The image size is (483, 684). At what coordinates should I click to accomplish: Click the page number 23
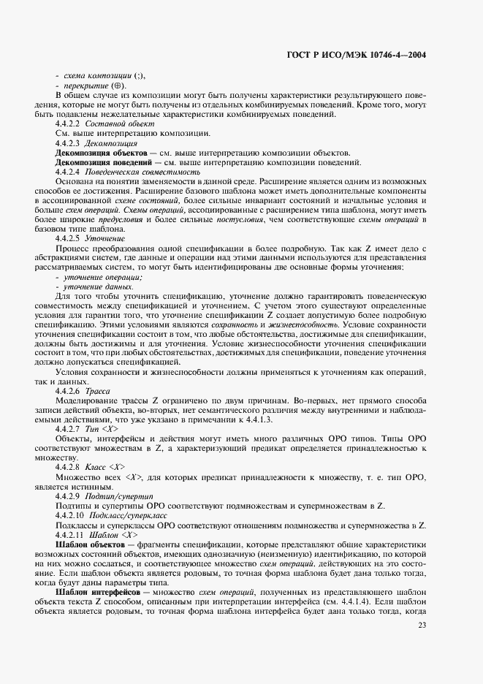[422, 645]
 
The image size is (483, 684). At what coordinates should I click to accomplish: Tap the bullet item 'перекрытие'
[89, 86]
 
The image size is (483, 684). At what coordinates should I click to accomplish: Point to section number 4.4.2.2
[69, 124]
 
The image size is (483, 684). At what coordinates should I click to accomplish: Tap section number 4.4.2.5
[69, 238]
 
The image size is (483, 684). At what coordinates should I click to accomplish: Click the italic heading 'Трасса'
[97, 391]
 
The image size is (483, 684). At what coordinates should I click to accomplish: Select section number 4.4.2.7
[69, 429]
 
